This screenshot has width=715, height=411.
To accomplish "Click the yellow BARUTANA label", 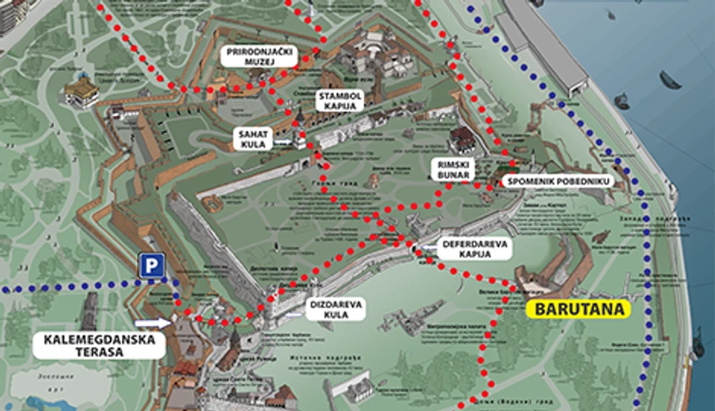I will [x=578, y=309].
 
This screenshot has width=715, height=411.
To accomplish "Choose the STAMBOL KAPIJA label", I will [x=340, y=102].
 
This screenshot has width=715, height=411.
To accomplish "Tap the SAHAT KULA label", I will [x=253, y=140].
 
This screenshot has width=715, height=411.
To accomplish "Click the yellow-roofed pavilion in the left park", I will [x=82, y=88].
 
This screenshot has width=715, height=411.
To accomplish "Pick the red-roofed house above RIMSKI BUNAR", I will [x=463, y=138].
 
